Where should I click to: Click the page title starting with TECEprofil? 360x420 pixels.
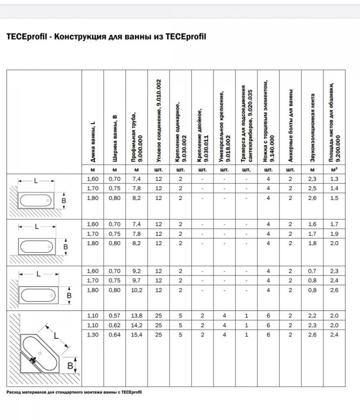click(x=105, y=36)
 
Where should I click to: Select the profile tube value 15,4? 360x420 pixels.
click(x=137, y=335)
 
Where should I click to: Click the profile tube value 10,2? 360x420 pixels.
click(x=137, y=290)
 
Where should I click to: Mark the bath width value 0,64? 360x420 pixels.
click(x=115, y=335)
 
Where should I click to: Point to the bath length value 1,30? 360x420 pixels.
click(x=92, y=335)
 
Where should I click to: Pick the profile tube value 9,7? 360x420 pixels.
click(x=137, y=280)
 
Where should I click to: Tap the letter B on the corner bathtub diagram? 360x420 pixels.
click(x=70, y=365)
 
